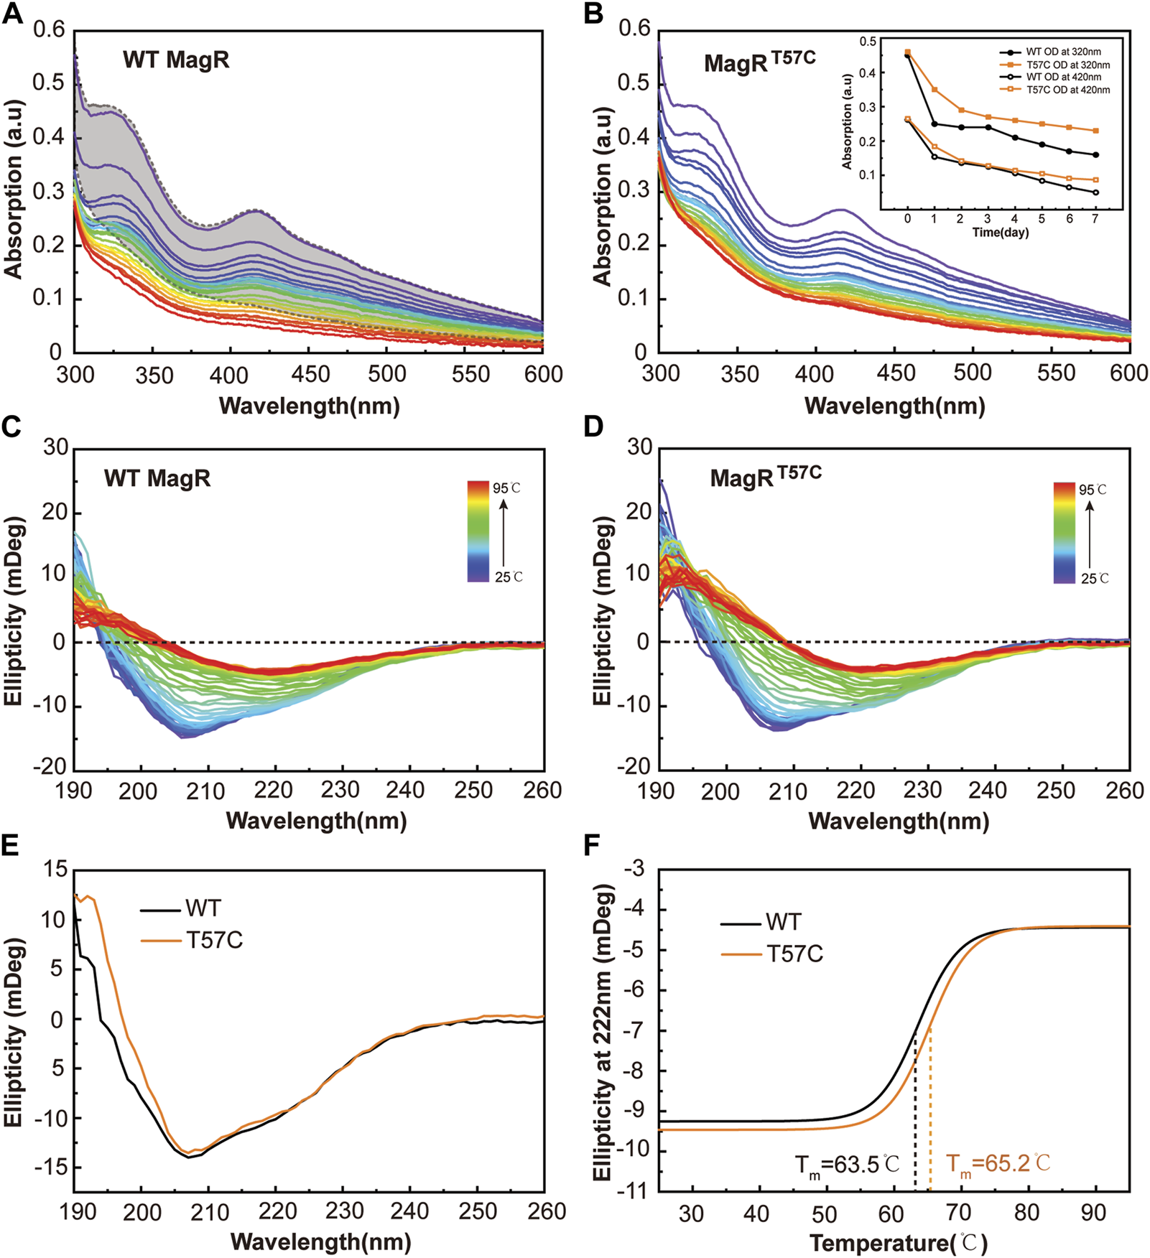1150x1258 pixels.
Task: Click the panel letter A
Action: coord(12,14)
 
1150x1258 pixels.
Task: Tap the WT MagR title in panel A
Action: coord(176,60)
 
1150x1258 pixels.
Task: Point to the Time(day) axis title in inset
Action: coord(1000,232)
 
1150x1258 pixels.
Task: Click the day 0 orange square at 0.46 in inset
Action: coord(908,52)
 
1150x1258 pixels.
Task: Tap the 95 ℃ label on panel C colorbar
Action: coord(506,488)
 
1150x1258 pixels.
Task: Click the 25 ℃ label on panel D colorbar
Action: coord(1095,578)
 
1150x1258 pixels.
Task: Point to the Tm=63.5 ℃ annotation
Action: coord(847,1165)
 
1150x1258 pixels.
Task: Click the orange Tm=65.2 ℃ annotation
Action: coord(998,1163)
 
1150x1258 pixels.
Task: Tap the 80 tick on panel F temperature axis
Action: coord(1026,1213)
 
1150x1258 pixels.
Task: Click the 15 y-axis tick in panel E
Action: coord(55,870)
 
